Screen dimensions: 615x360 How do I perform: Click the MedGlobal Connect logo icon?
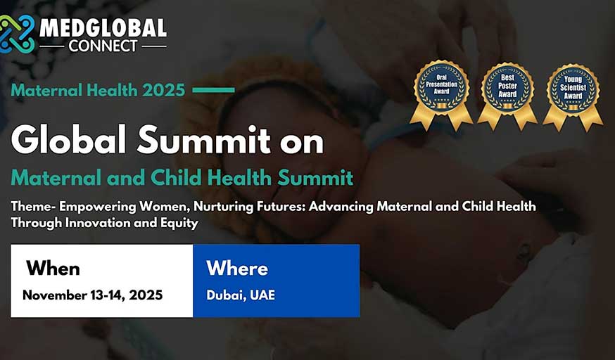click(x=15, y=34)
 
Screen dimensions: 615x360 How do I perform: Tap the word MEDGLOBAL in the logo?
click(x=103, y=28)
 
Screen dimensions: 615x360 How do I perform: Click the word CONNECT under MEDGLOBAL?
click(x=103, y=46)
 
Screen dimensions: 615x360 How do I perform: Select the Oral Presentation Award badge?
click(x=441, y=95)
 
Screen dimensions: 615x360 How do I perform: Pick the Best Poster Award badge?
click(x=507, y=96)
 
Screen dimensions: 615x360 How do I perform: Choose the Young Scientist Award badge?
click(x=573, y=96)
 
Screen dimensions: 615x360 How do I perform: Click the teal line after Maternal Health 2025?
click(x=213, y=90)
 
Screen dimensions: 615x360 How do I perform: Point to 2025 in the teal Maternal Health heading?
click(x=163, y=91)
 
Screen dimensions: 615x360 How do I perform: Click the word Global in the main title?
click(x=68, y=140)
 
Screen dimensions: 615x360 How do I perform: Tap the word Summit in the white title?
click(x=204, y=140)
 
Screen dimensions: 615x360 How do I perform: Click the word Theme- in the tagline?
click(x=33, y=206)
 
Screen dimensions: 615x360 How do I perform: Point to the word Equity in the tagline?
click(x=179, y=224)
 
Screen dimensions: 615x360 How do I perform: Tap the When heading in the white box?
click(x=53, y=269)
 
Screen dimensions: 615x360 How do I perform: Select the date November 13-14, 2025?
click(x=93, y=295)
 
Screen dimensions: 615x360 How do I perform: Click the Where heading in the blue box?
click(x=237, y=269)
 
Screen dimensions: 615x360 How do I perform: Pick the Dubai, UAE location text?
click(x=241, y=295)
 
